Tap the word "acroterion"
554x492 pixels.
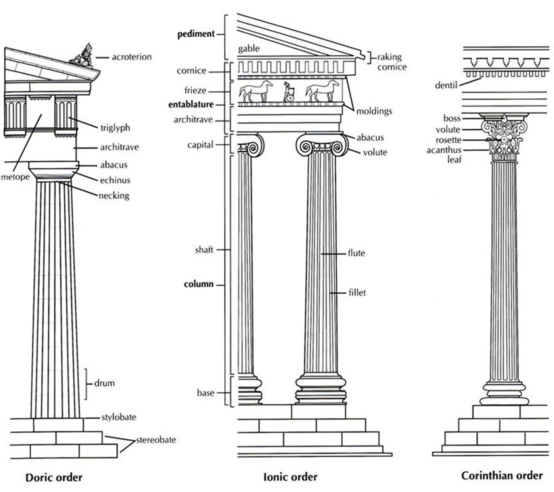point(132,57)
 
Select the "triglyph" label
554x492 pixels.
point(115,128)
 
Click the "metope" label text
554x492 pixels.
point(15,177)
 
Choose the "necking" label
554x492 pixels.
point(114,196)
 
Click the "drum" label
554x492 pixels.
point(104,383)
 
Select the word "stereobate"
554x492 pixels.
point(156,440)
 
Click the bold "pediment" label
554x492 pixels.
point(196,34)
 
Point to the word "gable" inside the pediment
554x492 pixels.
point(249,49)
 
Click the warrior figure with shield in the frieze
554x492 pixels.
point(288,92)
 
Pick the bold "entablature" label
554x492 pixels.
point(191,104)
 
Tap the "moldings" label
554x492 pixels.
point(374,111)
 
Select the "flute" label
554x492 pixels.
point(356,253)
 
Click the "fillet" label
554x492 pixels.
point(357,293)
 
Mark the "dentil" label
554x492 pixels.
point(446,86)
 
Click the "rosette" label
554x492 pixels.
point(448,140)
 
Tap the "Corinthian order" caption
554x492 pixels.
point(502,476)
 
